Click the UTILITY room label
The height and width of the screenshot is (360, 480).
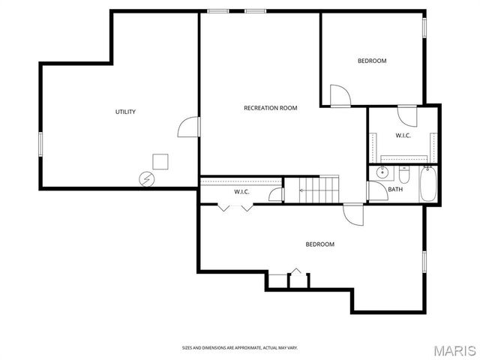tap(125, 112)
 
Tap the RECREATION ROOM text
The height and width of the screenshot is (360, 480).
tap(270, 108)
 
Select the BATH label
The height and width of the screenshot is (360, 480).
tap(395, 189)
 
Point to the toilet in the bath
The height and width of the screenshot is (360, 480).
tap(403, 177)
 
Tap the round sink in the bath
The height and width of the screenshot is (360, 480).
tap(381, 172)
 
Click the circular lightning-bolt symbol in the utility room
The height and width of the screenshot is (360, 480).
tap(145, 179)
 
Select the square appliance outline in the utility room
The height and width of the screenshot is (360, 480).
tap(160, 161)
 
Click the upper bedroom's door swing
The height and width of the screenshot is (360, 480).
tap(340, 96)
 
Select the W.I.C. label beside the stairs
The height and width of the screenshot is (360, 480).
tap(241, 192)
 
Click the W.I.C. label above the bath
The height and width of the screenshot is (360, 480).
tap(403, 135)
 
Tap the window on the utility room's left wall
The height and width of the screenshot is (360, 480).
tap(40, 144)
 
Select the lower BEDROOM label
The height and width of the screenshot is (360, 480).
tap(319, 244)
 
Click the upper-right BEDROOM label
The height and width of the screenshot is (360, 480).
tap(371, 61)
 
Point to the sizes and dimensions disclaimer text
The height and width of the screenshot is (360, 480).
tap(239, 348)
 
